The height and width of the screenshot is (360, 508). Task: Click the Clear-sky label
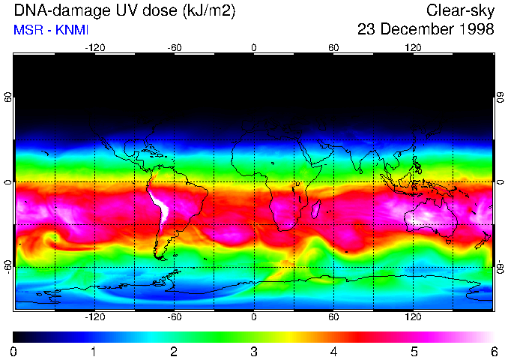point(460,10)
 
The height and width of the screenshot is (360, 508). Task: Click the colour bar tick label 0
point(13,351)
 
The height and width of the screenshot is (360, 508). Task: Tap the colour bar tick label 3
point(254,351)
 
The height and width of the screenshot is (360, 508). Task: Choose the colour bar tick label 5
point(414,351)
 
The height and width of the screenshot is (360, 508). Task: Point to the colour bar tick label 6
point(493,351)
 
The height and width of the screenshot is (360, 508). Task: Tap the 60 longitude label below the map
point(333,316)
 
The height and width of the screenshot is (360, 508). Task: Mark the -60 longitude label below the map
point(174,316)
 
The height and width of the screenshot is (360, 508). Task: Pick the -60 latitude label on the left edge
point(7,267)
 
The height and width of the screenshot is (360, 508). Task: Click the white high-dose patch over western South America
point(160,206)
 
